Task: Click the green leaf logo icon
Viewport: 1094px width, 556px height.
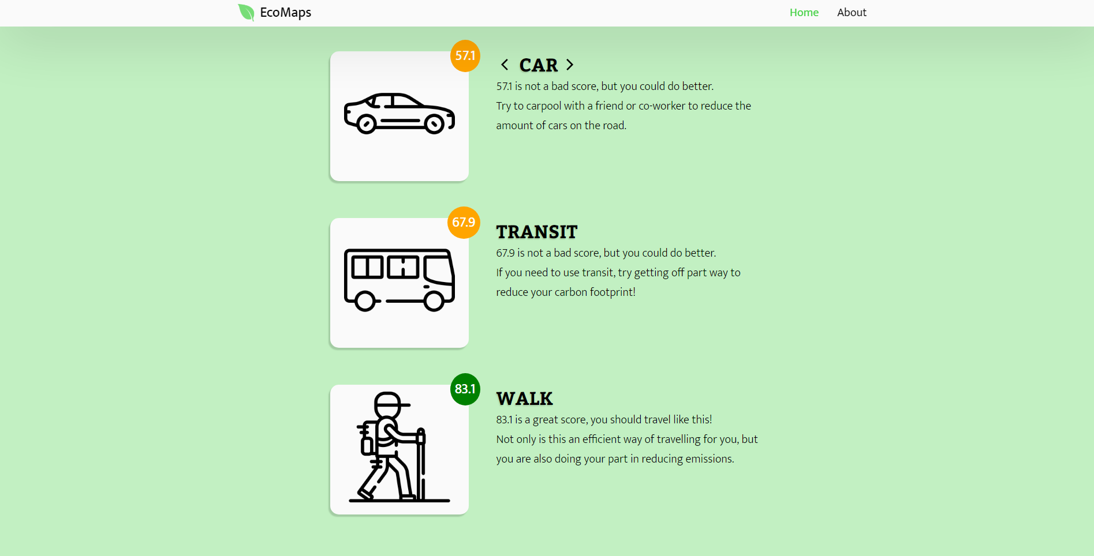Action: [246, 12]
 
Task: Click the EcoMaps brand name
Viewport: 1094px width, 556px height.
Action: [285, 13]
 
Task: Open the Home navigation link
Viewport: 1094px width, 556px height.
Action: [804, 13]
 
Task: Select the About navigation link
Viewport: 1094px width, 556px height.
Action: [852, 13]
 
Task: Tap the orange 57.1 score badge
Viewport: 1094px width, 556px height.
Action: [465, 56]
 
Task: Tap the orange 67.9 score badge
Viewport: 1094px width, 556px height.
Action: [464, 223]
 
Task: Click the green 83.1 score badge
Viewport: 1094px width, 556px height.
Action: [465, 389]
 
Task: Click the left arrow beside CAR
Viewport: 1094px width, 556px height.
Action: [505, 65]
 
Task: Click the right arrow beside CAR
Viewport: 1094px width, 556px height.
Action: [570, 65]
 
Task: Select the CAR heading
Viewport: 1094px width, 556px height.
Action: [539, 65]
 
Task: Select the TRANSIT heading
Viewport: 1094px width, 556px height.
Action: [537, 232]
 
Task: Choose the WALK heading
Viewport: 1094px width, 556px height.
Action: [525, 399]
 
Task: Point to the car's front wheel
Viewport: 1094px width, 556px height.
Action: [434, 123]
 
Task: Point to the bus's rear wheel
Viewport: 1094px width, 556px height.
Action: [365, 300]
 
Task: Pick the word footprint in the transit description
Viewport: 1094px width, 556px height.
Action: [613, 292]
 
